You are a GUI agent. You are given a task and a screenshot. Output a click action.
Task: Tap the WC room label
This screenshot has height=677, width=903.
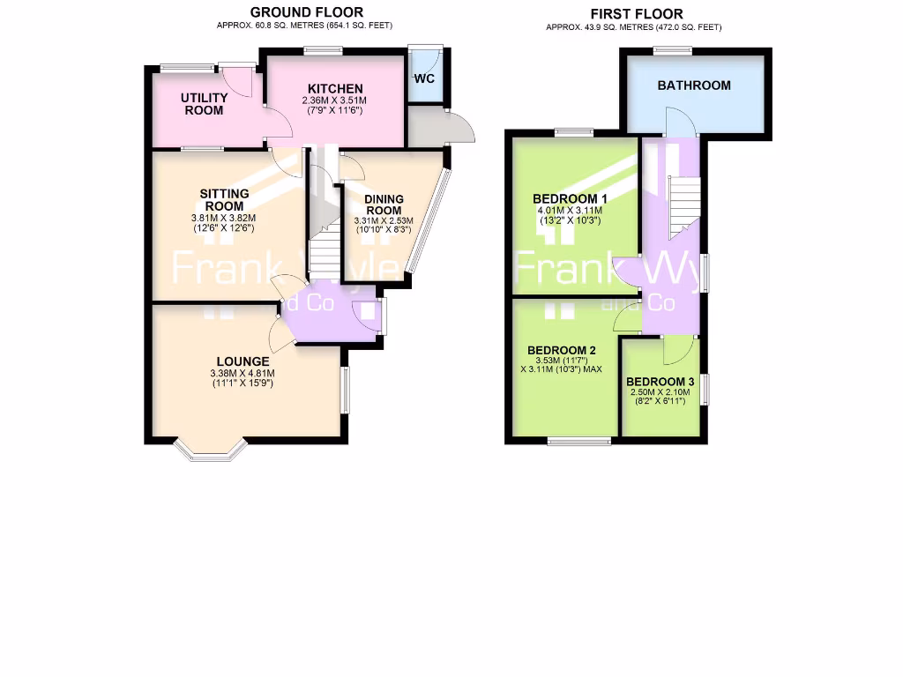point(424,78)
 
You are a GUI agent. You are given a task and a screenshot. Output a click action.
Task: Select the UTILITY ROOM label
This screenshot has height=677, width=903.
point(204,104)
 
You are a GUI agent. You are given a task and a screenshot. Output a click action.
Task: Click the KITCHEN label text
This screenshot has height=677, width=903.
point(334,89)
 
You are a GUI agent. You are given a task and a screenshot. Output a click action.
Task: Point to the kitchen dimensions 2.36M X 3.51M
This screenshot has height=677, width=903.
point(334,101)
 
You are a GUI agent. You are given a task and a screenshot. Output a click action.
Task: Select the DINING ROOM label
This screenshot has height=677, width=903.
point(383,205)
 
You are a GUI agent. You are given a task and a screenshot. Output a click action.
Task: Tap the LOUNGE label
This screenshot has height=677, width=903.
point(243,361)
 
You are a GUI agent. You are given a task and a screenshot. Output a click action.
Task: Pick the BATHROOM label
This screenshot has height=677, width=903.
point(694,86)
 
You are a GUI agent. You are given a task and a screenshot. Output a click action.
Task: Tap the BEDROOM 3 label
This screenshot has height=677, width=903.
point(660,382)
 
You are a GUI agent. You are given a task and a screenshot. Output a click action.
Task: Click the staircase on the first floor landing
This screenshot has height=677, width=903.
point(682,205)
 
